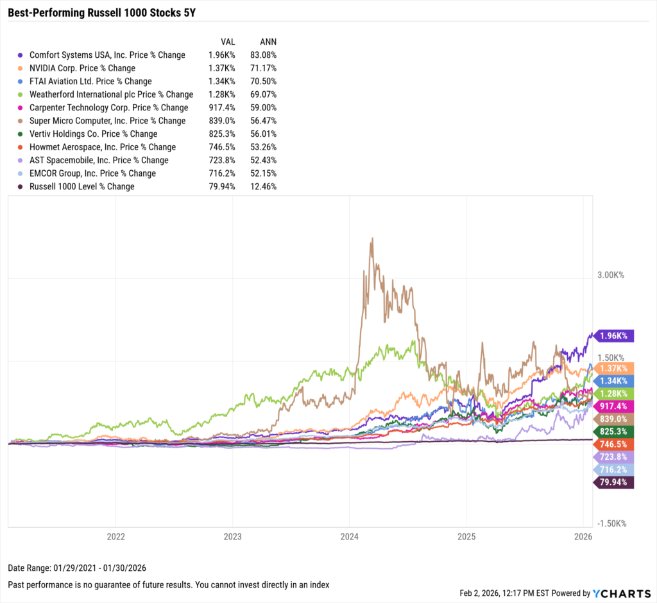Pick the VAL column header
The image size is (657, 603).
point(228,42)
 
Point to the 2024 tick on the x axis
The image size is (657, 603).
point(349,536)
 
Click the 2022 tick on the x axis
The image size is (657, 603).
point(115,536)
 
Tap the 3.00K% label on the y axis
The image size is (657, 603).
point(611,275)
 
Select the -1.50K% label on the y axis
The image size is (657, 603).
point(610,523)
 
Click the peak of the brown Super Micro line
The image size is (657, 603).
point(371,239)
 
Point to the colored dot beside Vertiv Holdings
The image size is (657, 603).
point(22,134)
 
